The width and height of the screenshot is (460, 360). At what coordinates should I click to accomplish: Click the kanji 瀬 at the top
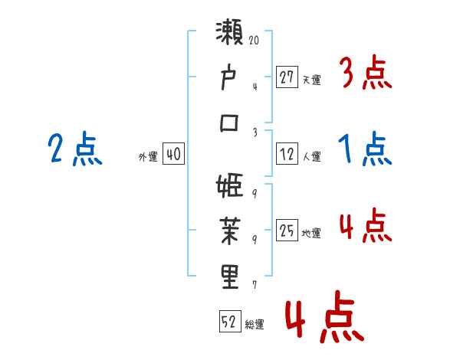[x=230, y=37]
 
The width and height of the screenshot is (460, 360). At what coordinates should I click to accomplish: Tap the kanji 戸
[x=230, y=80]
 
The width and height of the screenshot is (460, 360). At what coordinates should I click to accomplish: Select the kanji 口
[x=230, y=123]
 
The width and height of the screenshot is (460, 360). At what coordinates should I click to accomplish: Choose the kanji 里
[x=230, y=277]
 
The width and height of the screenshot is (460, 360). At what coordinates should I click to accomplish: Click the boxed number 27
[x=287, y=77]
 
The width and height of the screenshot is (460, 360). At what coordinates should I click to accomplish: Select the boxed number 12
[x=287, y=154]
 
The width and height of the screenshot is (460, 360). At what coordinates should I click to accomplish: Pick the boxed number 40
[x=173, y=154]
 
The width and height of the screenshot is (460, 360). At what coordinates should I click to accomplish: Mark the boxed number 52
[x=229, y=322]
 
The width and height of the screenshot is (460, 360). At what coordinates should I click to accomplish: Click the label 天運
[x=311, y=79]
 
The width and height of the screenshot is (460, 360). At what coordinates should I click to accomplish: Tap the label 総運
[x=254, y=325]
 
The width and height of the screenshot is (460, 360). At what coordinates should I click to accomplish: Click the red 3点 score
[x=365, y=74]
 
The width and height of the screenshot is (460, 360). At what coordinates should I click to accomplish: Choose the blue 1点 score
[x=365, y=149]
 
